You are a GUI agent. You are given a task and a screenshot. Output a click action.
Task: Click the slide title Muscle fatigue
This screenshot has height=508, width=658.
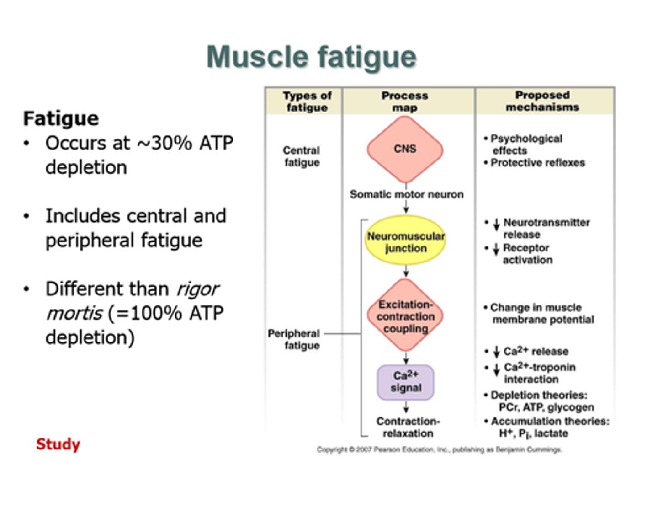312,57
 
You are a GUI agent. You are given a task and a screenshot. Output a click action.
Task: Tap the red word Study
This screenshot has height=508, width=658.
58,444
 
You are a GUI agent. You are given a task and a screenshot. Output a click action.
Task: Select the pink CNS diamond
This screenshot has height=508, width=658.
405,149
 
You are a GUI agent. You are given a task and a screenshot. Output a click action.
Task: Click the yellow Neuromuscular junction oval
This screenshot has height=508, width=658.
405,241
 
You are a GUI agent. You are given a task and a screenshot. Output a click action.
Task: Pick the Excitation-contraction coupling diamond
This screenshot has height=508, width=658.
405,316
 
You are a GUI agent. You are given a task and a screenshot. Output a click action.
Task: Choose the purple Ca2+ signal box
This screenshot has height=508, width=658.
405,382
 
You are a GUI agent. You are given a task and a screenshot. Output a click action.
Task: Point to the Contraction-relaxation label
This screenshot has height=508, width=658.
408,427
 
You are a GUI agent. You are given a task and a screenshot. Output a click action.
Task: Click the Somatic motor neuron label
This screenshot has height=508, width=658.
406,194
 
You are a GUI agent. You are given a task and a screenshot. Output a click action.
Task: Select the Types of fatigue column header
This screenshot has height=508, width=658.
307,101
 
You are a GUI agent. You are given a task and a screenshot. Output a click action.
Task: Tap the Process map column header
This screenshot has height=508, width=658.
405,101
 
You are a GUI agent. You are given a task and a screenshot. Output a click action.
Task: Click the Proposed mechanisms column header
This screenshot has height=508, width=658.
542,101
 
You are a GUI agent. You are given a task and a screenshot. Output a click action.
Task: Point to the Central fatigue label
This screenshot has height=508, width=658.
302,156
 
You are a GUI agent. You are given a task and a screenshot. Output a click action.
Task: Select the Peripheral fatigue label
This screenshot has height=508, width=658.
295,339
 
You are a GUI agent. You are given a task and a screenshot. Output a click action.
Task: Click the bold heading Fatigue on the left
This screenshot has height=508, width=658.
61,118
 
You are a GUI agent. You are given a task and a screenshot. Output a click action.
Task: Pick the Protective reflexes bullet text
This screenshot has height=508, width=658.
538,163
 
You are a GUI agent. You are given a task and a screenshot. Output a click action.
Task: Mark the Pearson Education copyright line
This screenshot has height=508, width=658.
439,449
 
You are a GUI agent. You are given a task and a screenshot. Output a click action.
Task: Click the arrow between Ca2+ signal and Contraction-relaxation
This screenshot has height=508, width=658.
406,407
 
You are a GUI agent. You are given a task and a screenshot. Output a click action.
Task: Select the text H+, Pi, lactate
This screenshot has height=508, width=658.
533,433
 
